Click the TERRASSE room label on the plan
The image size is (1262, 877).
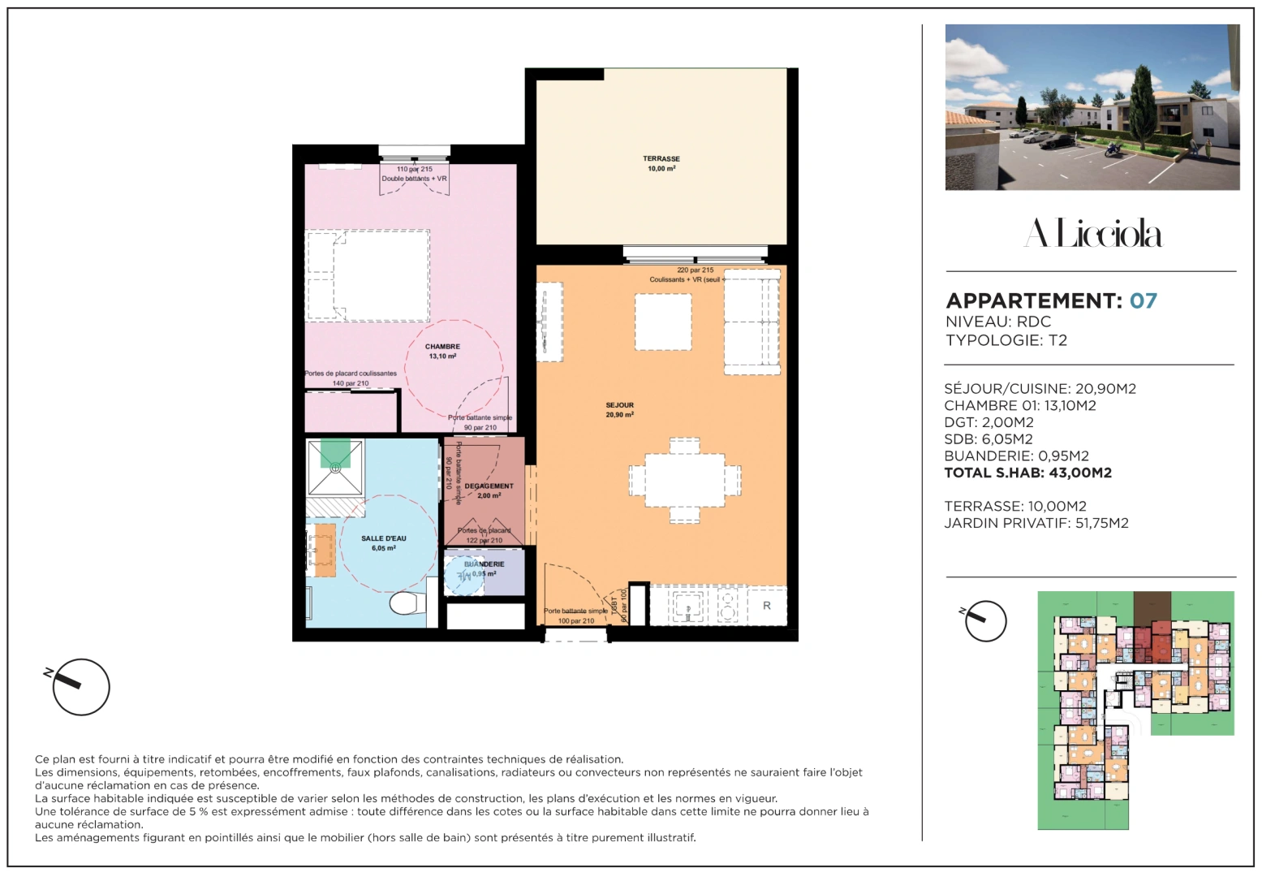pos(661,163)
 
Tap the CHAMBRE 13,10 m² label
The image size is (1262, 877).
pos(442,351)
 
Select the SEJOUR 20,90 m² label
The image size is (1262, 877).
pos(619,409)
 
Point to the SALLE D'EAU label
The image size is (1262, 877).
pos(384,543)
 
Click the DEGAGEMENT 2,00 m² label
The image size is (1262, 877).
pos(489,490)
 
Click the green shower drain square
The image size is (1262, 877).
pos(335,453)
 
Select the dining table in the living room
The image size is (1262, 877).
pos(685,480)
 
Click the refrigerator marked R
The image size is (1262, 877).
pos(766,606)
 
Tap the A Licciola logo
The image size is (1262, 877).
pos(1092,234)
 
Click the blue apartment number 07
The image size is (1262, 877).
pos(1143,301)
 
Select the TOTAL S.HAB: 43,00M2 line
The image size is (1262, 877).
pos(1027,473)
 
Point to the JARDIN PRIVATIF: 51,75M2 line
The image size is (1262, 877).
pos(1036,523)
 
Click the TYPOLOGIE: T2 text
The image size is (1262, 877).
pos(1006,340)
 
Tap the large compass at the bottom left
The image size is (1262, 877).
pos(80,687)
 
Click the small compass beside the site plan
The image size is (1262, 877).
pos(986,622)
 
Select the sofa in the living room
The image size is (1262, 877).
pos(752,322)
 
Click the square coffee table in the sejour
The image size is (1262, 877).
pos(663,322)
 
